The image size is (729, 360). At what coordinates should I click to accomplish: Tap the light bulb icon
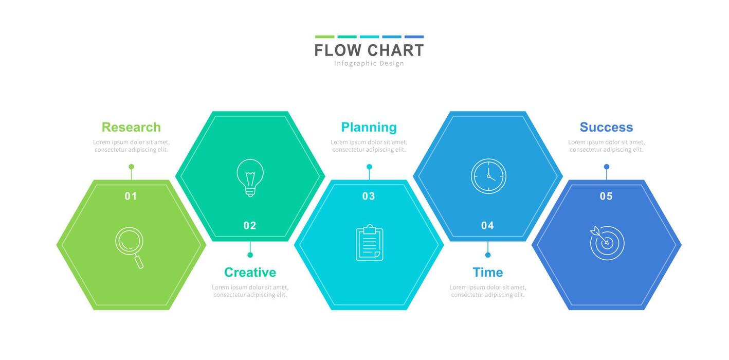pyautogui.click(x=250, y=177)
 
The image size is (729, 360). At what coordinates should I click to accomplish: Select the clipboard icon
pyautogui.click(x=369, y=243)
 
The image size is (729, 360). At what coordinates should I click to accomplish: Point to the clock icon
pyautogui.click(x=488, y=176)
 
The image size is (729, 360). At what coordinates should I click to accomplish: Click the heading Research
pyautogui.click(x=131, y=127)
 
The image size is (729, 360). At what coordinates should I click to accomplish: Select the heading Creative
pyautogui.click(x=250, y=272)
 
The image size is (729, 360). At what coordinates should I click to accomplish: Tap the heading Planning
pyautogui.click(x=369, y=127)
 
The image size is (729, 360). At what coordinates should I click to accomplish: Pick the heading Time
pyautogui.click(x=488, y=272)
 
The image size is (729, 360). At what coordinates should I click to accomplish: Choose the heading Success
pyautogui.click(x=606, y=127)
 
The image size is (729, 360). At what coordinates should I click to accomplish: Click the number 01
pyautogui.click(x=131, y=196)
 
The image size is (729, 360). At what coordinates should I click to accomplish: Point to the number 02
pyautogui.click(x=250, y=225)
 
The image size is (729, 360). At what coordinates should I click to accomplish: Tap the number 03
pyautogui.click(x=369, y=196)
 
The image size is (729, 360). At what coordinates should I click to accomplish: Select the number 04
pyautogui.click(x=487, y=225)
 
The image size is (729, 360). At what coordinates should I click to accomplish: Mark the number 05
pyautogui.click(x=606, y=196)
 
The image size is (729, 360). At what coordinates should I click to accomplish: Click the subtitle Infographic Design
pyautogui.click(x=369, y=63)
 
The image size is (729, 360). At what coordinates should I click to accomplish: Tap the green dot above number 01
pyautogui.click(x=131, y=167)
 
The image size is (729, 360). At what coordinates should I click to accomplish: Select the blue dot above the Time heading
pyautogui.click(x=488, y=255)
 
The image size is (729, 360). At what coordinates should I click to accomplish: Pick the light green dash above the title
pyautogui.click(x=324, y=37)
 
